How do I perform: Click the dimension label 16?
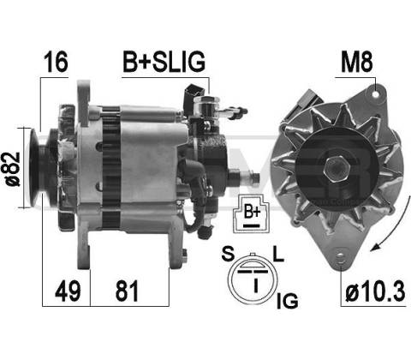56,62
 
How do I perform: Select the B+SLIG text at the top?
164,62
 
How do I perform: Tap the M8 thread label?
357,62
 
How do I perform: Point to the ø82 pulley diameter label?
14,169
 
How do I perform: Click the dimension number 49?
68,291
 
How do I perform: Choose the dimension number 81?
127,291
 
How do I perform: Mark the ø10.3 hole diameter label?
375,291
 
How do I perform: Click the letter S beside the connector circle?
228,254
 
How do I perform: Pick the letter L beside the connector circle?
278,254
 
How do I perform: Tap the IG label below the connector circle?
288,301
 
